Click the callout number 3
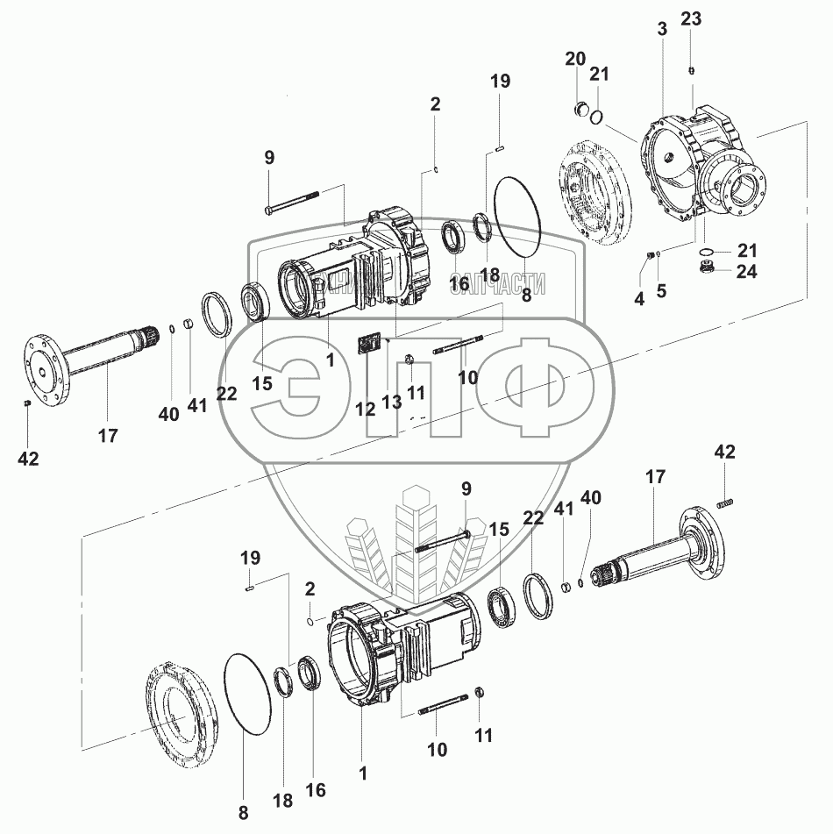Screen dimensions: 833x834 [x=661, y=29]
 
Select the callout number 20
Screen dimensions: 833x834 [x=575, y=59]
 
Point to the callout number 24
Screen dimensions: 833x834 [x=746, y=272]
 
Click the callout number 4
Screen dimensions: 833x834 [x=639, y=299]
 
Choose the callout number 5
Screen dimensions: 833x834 [x=661, y=291]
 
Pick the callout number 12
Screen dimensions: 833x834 [x=365, y=408]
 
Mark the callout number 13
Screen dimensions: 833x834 [x=390, y=402]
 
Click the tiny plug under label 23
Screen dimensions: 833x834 [x=692, y=71]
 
